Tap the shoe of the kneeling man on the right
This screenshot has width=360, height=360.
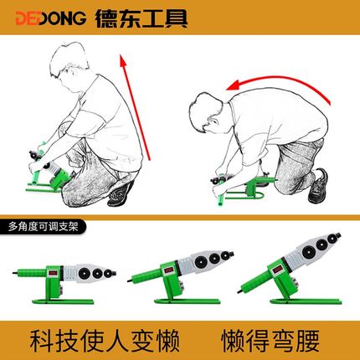point(317,184)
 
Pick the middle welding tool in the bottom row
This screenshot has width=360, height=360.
point(176,272)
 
